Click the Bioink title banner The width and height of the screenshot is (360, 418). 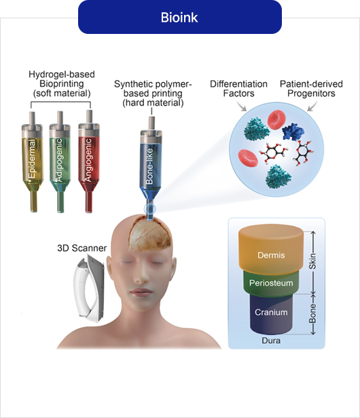(x=179, y=17)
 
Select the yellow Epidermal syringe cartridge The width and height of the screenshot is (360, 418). (x=33, y=161)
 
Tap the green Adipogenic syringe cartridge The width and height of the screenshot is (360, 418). (x=60, y=161)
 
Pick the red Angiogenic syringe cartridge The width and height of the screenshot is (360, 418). (x=89, y=161)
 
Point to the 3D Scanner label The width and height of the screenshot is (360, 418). (x=82, y=248)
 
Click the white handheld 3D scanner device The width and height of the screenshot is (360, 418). (x=89, y=288)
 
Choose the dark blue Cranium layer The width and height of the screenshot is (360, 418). (x=271, y=313)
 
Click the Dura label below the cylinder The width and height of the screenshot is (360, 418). (x=271, y=341)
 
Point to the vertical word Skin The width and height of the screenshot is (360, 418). (x=312, y=261)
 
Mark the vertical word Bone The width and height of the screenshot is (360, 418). (x=312, y=313)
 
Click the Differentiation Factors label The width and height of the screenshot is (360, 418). (x=238, y=89)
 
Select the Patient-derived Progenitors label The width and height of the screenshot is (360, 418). (x=311, y=89)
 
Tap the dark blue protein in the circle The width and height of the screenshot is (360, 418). (x=293, y=132)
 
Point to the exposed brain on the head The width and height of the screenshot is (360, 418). (x=150, y=235)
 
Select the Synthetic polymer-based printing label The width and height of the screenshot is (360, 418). (x=153, y=94)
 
